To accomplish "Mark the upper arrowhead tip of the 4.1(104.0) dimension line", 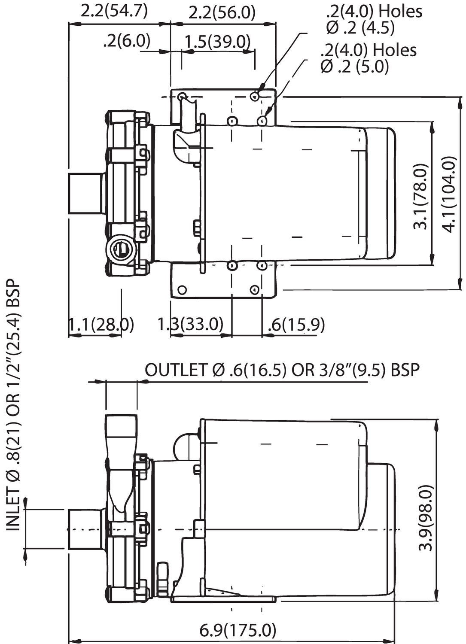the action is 460,98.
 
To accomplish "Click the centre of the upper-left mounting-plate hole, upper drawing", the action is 182,96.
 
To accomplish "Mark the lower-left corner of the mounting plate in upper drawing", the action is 171,297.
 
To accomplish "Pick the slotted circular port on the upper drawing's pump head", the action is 120,248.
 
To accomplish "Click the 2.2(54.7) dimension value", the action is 114,12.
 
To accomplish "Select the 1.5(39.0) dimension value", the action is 217,42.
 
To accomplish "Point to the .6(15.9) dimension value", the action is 296,325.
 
